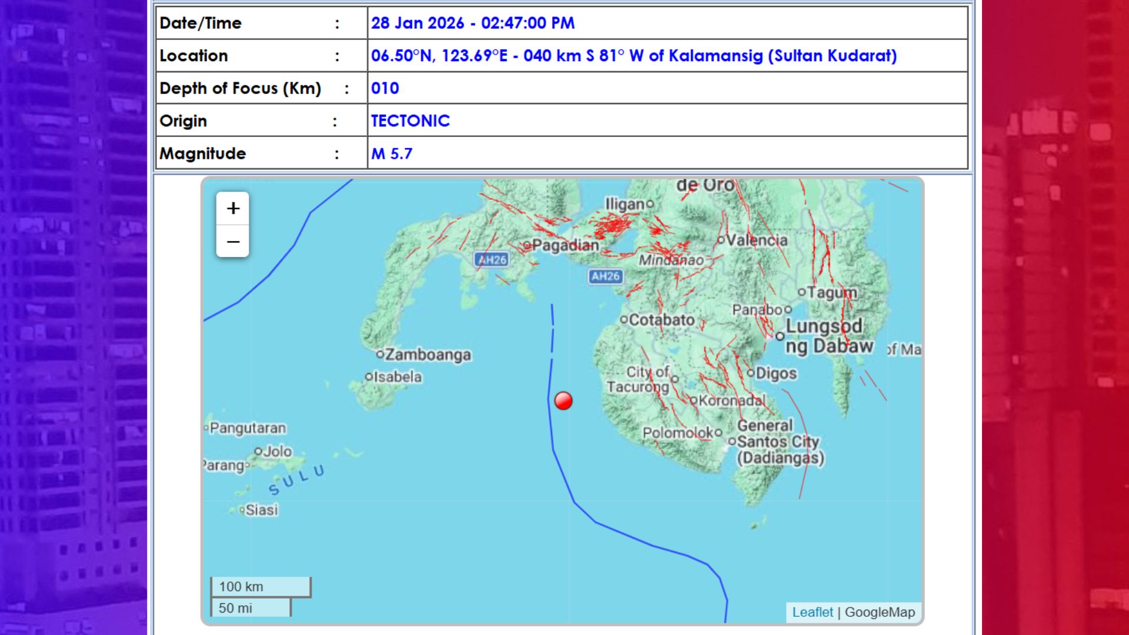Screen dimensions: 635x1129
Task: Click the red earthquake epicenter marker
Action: click(x=563, y=400)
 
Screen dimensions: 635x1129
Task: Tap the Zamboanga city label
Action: click(x=427, y=355)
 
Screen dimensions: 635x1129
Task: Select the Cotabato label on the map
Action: click(x=662, y=320)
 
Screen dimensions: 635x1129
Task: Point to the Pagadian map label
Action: click(x=564, y=245)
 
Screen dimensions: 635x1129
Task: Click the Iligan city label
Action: click(x=627, y=204)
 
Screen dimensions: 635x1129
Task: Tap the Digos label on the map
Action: click(x=776, y=373)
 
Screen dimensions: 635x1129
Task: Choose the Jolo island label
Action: click(x=277, y=451)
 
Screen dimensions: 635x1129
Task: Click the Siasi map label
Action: click(x=261, y=510)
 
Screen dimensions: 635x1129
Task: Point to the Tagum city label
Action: click(x=831, y=292)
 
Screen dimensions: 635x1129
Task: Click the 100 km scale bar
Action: click(x=260, y=587)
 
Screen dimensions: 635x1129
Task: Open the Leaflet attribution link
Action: click(x=812, y=612)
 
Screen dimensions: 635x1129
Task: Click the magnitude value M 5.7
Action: click(x=392, y=153)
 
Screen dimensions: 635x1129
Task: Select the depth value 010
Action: click(x=385, y=88)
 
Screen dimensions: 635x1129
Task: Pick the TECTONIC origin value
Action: click(x=410, y=121)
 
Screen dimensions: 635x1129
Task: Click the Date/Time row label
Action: click(x=201, y=23)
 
